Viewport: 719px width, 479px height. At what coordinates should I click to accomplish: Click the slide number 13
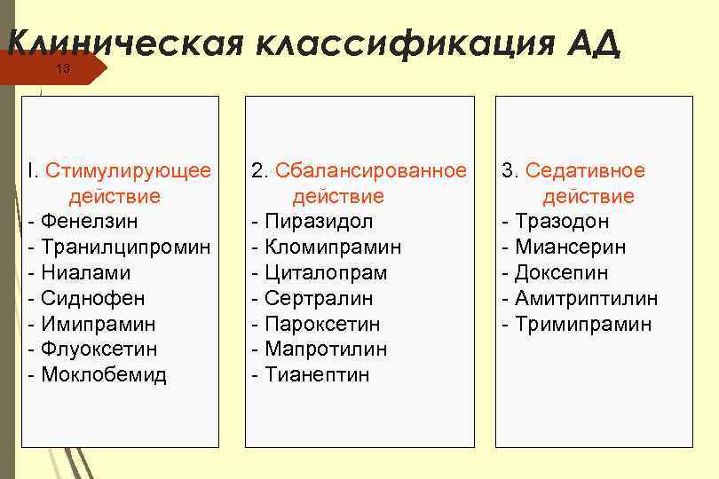pyautogui.click(x=62, y=69)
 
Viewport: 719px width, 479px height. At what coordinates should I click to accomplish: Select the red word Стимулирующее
pyautogui.click(x=128, y=170)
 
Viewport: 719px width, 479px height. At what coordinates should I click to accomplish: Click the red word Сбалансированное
pyautogui.click(x=371, y=170)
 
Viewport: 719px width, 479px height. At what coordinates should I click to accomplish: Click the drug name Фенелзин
pyautogui.click(x=90, y=221)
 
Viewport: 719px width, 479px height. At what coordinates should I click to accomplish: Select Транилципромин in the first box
pyautogui.click(x=126, y=247)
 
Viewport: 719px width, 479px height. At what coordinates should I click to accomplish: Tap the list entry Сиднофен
pyautogui.click(x=92, y=298)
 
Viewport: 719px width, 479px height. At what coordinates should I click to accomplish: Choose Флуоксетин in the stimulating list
pyautogui.click(x=99, y=349)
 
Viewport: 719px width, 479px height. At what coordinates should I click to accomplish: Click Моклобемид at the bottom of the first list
pyautogui.click(x=103, y=374)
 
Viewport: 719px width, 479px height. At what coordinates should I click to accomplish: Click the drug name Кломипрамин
pyautogui.click(x=333, y=247)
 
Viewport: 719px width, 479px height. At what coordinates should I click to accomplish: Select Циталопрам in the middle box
pyautogui.click(x=326, y=272)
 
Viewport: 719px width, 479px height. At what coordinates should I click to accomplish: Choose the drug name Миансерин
pyautogui.click(x=571, y=247)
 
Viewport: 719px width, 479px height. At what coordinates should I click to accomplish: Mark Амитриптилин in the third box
pyautogui.click(x=587, y=298)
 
